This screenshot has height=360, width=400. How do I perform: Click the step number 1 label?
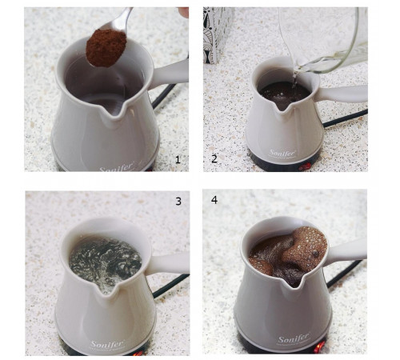click(178, 160)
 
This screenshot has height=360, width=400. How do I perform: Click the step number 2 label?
click(214, 159)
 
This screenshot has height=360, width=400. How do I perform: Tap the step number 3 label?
click(178, 202)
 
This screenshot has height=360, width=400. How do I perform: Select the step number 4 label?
click(214, 200)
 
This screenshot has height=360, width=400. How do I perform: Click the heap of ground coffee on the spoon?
click(106, 48)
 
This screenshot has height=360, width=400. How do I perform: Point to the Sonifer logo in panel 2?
click(282, 154)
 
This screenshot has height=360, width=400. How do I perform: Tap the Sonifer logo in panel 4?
click(294, 339)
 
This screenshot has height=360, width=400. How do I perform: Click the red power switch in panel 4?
click(319, 347)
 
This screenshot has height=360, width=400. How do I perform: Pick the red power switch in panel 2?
click(305, 166)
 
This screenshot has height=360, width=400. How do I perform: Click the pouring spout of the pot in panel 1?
click(114, 112)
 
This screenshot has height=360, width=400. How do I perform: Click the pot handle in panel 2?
click(342, 94)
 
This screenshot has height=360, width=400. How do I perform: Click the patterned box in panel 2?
click(218, 34)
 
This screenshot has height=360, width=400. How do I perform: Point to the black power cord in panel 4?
click(345, 274)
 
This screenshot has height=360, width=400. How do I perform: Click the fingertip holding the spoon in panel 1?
click(183, 12)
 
